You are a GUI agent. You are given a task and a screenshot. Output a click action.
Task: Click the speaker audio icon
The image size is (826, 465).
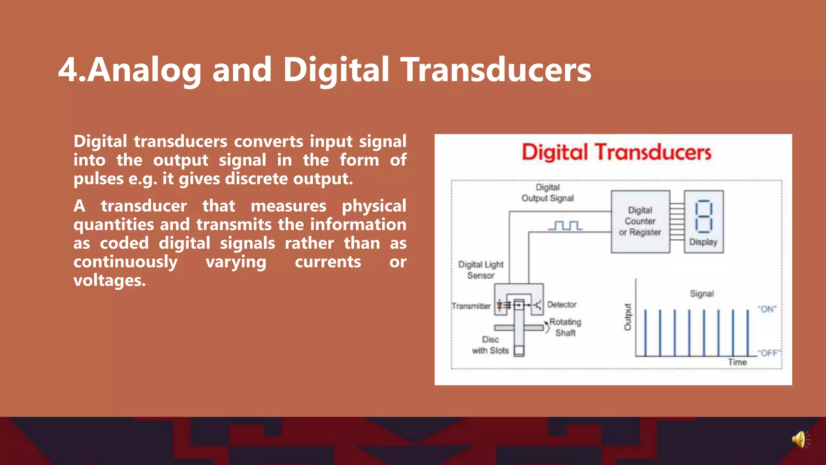[801, 440]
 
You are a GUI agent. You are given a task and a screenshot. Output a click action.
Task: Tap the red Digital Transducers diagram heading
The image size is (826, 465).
[616, 152]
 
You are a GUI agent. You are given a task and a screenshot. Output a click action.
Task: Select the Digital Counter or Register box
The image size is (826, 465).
[640, 222]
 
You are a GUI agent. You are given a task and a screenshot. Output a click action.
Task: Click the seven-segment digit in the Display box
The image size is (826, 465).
[703, 217]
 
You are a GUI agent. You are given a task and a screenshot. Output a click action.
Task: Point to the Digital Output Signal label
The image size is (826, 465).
[547, 193]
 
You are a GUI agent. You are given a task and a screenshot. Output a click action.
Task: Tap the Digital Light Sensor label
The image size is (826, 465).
[481, 270]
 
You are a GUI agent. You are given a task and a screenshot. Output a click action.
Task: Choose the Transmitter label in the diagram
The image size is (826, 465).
[471, 306]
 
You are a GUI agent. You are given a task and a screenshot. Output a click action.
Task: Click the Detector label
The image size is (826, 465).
[562, 305]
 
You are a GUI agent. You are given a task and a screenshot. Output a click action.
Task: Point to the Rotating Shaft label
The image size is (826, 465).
[565, 327]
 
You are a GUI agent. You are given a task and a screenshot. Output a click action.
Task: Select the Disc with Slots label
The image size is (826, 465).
[490, 345]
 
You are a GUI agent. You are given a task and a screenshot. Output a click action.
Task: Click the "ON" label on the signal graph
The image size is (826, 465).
[767, 309]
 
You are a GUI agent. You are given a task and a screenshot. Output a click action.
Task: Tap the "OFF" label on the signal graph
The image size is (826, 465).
[768, 353]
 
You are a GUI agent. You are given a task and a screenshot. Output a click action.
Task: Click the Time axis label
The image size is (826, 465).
[737, 362]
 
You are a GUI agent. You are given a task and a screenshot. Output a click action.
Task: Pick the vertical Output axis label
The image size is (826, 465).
[628, 317]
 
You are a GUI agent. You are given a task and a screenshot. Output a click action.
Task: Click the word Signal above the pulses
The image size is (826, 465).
[702, 293]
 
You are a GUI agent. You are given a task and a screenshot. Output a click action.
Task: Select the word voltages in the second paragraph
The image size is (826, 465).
[109, 280]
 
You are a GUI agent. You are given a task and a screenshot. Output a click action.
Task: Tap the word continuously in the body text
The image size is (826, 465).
[125, 262]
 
